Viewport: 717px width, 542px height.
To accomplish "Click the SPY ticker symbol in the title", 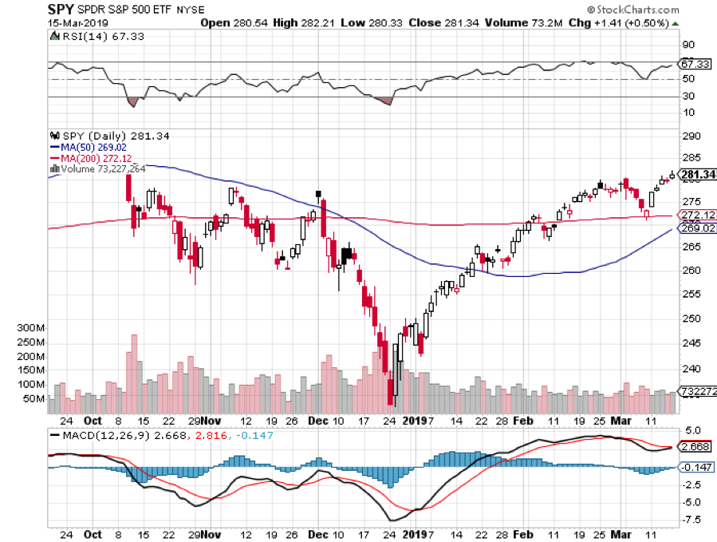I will coord(61,9).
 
